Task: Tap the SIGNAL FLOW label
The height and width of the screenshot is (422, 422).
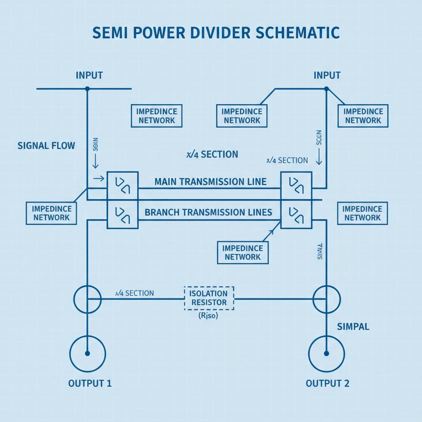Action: tap(46, 145)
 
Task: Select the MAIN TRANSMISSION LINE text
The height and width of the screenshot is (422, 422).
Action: tap(210, 182)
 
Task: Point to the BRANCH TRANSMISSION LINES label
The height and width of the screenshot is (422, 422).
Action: tap(208, 212)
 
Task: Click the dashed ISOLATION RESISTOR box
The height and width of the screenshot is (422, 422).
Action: tap(209, 298)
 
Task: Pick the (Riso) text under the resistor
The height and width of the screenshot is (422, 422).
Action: tap(208, 316)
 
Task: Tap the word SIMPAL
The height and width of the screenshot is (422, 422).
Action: tap(353, 327)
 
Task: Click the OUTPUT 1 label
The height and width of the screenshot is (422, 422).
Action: tap(90, 383)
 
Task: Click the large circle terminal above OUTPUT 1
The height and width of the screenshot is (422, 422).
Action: tap(87, 353)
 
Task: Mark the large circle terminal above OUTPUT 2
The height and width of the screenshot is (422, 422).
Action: tap(326, 353)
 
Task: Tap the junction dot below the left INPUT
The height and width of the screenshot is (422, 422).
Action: tap(87, 89)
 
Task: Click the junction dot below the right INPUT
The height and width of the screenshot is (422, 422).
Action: tap(326, 89)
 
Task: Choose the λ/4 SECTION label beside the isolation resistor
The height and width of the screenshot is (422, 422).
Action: tap(134, 293)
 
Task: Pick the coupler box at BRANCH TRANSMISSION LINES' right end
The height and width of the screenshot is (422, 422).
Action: tap(296, 214)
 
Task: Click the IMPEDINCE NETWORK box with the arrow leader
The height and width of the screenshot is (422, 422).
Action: tap(242, 252)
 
